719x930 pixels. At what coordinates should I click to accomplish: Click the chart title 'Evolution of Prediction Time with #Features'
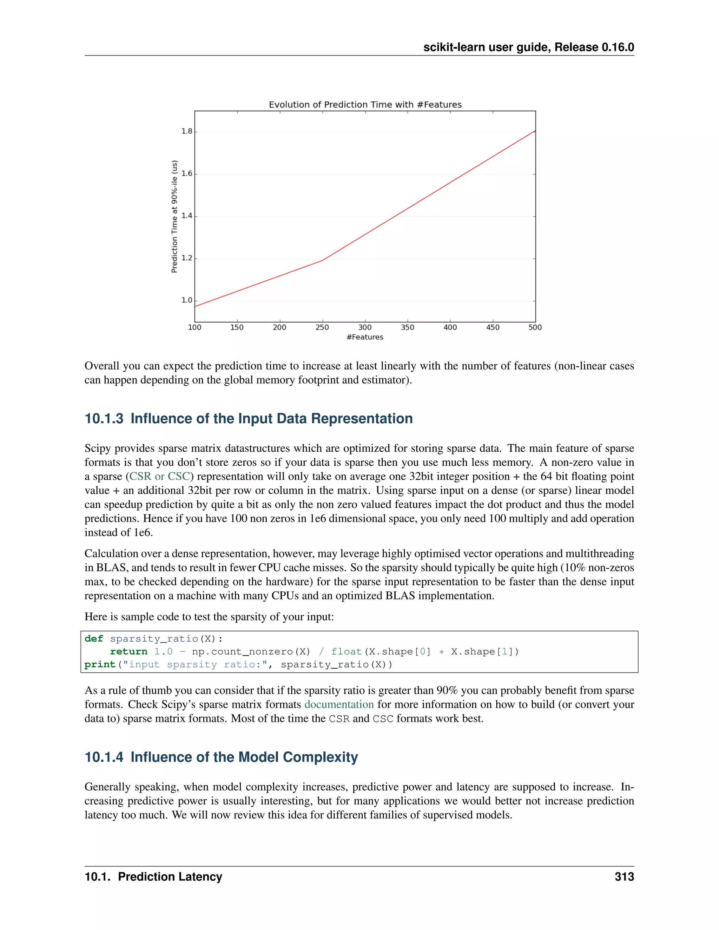[x=365, y=105]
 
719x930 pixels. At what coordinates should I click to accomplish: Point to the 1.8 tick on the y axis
[x=187, y=131]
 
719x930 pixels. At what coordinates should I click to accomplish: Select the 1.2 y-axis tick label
[x=187, y=258]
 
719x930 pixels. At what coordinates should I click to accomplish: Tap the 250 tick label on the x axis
[x=322, y=327]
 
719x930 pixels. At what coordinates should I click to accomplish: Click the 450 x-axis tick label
[x=493, y=327]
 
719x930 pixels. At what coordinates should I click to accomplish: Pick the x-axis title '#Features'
[x=365, y=337]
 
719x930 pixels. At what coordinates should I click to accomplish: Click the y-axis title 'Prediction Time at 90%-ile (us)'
[x=174, y=216]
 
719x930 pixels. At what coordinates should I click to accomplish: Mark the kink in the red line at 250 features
[x=322, y=260]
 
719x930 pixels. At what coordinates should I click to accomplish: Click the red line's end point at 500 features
[x=535, y=131]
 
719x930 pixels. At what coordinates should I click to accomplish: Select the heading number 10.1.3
[x=104, y=419]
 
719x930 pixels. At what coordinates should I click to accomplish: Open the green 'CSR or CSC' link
[x=160, y=476]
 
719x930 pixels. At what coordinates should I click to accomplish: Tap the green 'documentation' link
[x=339, y=704]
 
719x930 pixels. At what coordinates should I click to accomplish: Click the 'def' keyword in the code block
[x=94, y=639]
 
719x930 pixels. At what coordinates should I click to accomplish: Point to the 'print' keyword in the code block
[x=100, y=664]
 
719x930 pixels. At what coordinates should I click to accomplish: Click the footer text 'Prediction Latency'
[x=170, y=877]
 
